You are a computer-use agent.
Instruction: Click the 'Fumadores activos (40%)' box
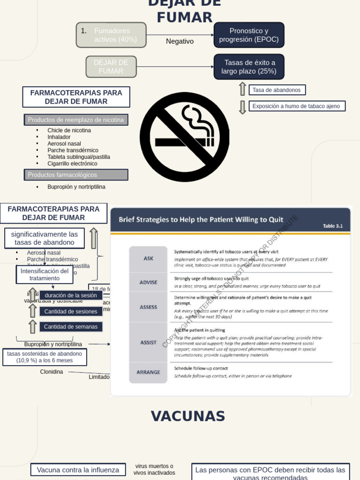coord(112,35)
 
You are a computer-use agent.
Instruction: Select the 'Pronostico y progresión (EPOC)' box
coord(249,35)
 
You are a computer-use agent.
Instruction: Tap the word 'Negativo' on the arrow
coord(180,41)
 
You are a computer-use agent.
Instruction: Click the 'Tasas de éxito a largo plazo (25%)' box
coord(249,67)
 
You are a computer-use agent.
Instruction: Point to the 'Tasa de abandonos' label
coord(277,90)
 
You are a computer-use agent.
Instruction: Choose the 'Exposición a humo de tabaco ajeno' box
coord(296,106)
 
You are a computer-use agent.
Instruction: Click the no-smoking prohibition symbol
coord(185,137)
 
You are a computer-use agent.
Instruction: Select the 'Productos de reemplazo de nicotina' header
coord(76,120)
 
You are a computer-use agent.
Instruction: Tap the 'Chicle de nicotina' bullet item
coord(69,130)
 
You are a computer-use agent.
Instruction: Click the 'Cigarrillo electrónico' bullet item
coord(72,164)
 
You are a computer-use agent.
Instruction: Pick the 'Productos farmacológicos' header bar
coord(76,175)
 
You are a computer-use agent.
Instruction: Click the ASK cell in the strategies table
coord(149,258)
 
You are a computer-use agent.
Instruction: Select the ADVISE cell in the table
coord(149,282)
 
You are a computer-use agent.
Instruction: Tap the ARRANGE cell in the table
coord(149,372)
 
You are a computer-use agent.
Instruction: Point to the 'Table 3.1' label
coord(333,226)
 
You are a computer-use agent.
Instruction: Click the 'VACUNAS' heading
coord(188,416)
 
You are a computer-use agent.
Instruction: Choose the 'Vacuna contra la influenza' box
coord(78,470)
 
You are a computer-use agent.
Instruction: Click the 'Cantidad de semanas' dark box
coord(71,327)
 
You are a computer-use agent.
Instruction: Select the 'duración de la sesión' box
coord(71,295)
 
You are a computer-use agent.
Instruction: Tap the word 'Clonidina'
coord(52,372)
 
